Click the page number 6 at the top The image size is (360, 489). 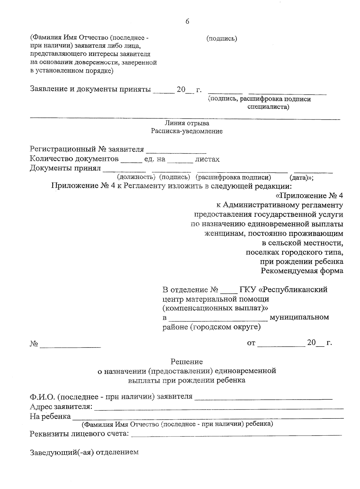pyautogui.click(x=187, y=22)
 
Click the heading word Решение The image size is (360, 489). pyautogui.click(x=187, y=362)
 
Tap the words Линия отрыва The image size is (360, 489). pyautogui.click(x=187, y=123)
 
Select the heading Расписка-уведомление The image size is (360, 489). pyautogui.click(x=187, y=131)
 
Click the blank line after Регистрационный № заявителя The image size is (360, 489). pyautogui.click(x=178, y=150)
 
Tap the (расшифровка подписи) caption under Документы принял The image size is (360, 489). pyautogui.click(x=233, y=177)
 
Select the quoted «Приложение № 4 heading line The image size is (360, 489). pyautogui.click(x=309, y=196)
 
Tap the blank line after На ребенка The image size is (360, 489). pyautogui.click(x=208, y=417)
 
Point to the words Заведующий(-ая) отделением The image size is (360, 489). pyautogui.click(x=84, y=452)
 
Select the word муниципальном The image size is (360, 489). pyautogui.click(x=299, y=317)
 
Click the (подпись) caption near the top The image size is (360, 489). pyautogui.click(x=222, y=38)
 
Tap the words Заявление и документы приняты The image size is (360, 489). pyautogui.click(x=90, y=90)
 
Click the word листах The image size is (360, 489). pyautogui.click(x=207, y=159)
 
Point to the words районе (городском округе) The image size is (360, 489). pyautogui.click(x=211, y=327)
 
